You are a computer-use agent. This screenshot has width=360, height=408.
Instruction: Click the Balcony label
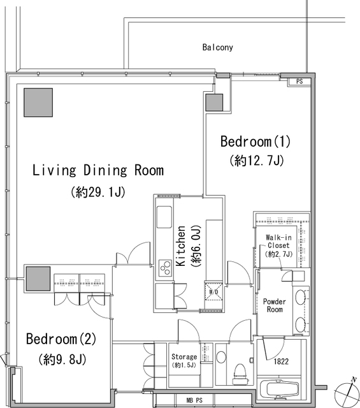(218, 47)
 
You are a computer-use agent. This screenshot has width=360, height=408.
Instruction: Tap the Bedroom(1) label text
(256, 142)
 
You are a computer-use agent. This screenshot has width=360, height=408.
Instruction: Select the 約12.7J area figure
(257, 161)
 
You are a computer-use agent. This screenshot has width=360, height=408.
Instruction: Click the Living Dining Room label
(98, 170)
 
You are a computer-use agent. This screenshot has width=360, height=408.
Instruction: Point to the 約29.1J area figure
(98, 192)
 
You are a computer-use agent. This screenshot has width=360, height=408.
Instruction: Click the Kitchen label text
(181, 246)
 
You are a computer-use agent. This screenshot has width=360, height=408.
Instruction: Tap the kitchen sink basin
(164, 217)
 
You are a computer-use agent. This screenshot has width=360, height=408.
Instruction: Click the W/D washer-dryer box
(214, 292)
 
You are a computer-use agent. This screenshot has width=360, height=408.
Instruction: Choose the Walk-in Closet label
(278, 241)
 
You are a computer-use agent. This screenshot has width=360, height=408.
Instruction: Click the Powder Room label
(275, 305)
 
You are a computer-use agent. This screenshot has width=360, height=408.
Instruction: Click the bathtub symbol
(279, 390)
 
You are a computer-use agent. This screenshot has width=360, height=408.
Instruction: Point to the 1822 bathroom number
(281, 361)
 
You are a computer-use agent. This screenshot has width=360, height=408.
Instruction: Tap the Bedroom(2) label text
(61, 339)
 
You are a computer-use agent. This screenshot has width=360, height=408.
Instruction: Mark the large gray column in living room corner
(38, 103)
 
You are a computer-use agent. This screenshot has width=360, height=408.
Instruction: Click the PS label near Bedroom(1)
(299, 82)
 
